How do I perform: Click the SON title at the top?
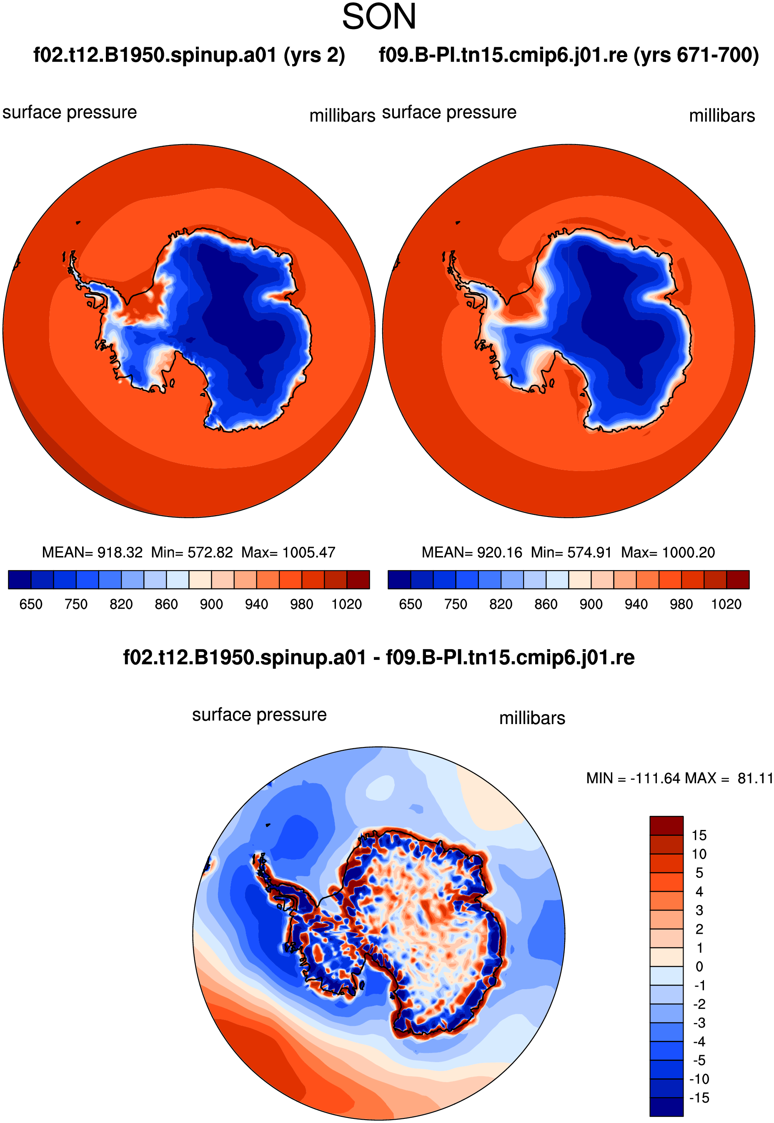pos(379,17)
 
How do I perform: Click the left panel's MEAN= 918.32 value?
pos(92,552)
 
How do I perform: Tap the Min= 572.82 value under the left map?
pos(192,552)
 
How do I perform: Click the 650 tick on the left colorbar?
pos(30,604)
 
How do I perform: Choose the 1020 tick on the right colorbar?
pos(726,604)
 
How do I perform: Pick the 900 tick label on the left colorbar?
pos(211,604)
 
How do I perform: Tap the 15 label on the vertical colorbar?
pos(699,835)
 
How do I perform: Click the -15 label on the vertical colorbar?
pos(699,1098)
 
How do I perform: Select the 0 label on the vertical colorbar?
pos(699,966)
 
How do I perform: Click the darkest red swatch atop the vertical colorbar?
pos(666,826)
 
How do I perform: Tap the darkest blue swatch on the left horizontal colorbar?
pos(20,579)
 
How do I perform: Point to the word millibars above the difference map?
pos(532,718)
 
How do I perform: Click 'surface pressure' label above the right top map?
pos(449,113)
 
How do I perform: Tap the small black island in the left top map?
pos(78,223)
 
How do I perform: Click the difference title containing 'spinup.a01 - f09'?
pos(379,657)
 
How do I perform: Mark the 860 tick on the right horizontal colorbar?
pos(546,604)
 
